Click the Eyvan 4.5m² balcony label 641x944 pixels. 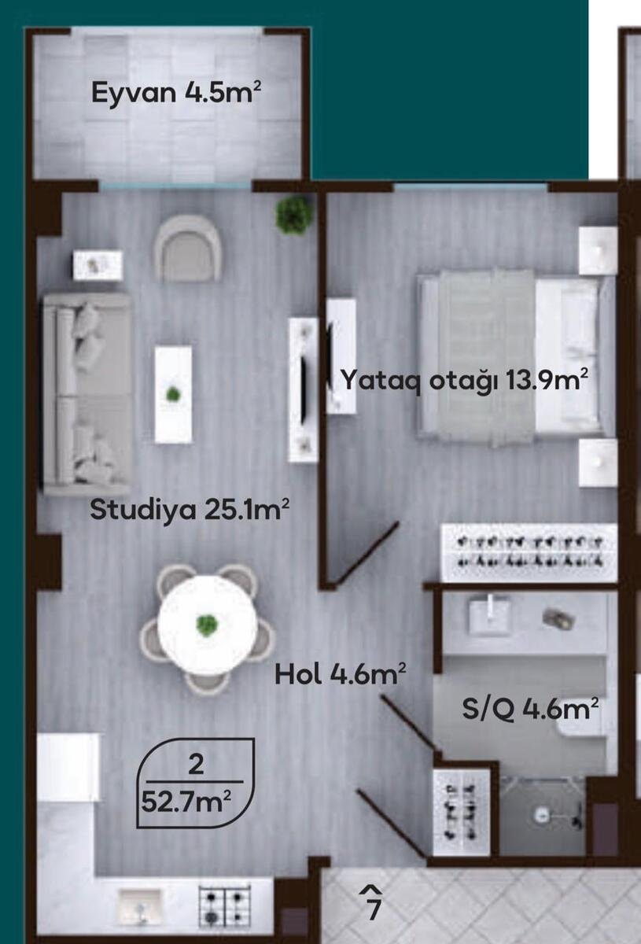176,92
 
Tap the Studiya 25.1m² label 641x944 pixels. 190,510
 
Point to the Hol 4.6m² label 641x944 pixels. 340,675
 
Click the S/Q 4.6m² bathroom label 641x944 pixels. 531,710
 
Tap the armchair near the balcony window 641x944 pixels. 188,248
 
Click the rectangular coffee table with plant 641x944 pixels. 173,394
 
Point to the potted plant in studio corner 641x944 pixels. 293,215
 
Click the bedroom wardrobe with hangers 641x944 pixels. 529,553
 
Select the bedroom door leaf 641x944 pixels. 363,553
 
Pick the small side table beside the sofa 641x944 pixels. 98,264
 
